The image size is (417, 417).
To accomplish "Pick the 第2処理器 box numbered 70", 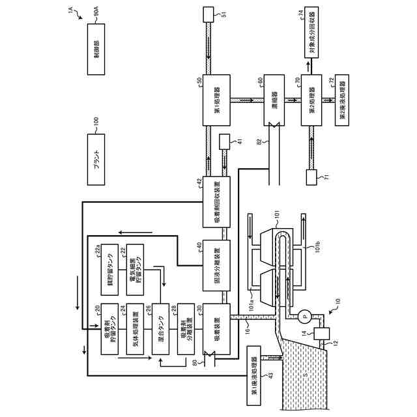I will coord(311,100).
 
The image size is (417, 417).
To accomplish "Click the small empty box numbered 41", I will coord(227,141).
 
